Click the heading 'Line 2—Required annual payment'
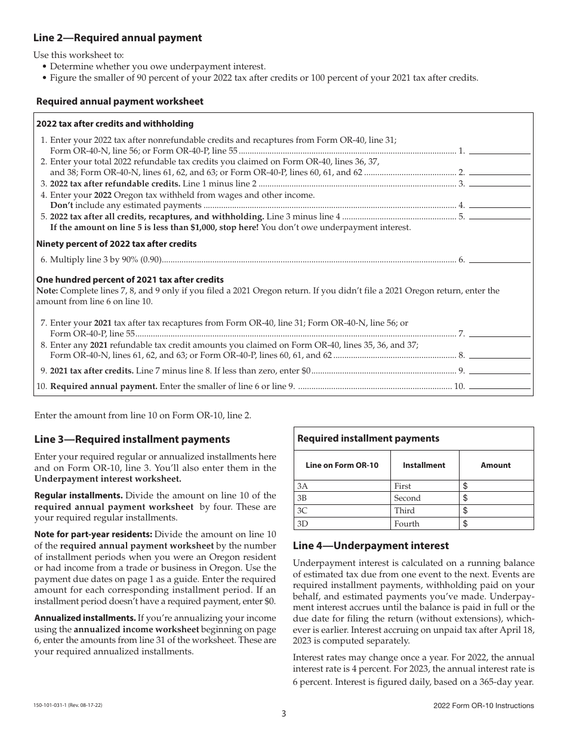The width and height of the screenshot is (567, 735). click(x=118, y=38)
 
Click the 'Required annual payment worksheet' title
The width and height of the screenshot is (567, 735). click(x=119, y=102)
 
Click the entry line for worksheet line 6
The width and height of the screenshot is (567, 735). click(x=500, y=260)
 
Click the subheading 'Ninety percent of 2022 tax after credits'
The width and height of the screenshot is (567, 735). click(x=116, y=244)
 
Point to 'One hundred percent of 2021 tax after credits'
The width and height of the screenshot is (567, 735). click(x=130, y=280)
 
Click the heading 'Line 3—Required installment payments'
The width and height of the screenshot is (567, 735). click(x=132, y=439)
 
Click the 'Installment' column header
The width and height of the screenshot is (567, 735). click(x=424, y=465)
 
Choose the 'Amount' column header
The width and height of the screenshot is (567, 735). click(x=496, y=465)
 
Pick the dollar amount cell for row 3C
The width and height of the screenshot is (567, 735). click(x=496, y=511)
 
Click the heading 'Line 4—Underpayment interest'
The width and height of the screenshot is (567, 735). click(x=371, y=546)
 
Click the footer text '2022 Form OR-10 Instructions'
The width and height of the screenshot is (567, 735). click(x=483, y=706)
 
